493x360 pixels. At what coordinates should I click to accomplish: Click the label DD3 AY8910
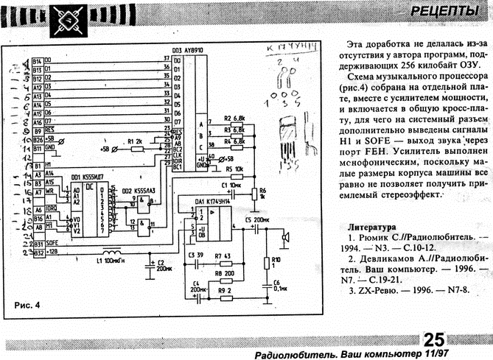point(188,52)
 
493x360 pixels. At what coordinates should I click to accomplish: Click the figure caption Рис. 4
point(27,304)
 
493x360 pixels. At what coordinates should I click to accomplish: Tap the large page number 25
point(433,339)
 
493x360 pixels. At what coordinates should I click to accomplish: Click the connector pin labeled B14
point(38,60)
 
